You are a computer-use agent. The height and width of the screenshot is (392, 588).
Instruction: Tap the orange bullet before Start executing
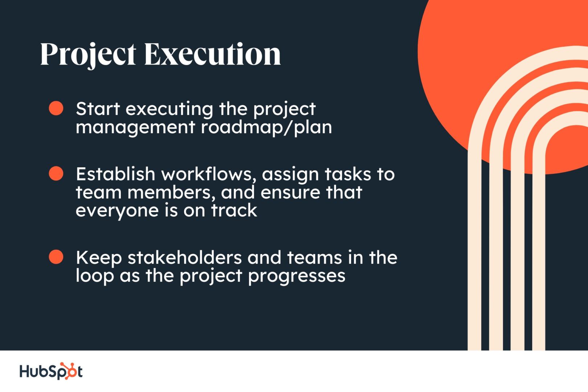pos(56,108)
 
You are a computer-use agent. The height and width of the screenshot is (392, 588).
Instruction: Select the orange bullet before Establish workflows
pos(56,173)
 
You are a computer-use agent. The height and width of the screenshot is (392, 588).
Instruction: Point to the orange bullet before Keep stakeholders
pos(56,257)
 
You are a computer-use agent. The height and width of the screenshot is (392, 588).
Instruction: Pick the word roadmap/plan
pos(266,128)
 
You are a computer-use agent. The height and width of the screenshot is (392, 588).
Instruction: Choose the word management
pos(135,128)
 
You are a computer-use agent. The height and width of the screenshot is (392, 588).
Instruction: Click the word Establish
pos(115,174)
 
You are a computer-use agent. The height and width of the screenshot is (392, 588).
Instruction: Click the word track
pos(234,210)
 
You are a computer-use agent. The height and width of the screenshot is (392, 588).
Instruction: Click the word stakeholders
pos(184,257)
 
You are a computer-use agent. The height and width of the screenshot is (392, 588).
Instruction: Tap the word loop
pos(95,276)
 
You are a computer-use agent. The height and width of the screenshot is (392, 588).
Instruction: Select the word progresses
pos(297,276)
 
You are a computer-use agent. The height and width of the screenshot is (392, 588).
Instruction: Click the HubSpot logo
pos(51,371)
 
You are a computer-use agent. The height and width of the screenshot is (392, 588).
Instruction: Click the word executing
pos(169,110)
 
